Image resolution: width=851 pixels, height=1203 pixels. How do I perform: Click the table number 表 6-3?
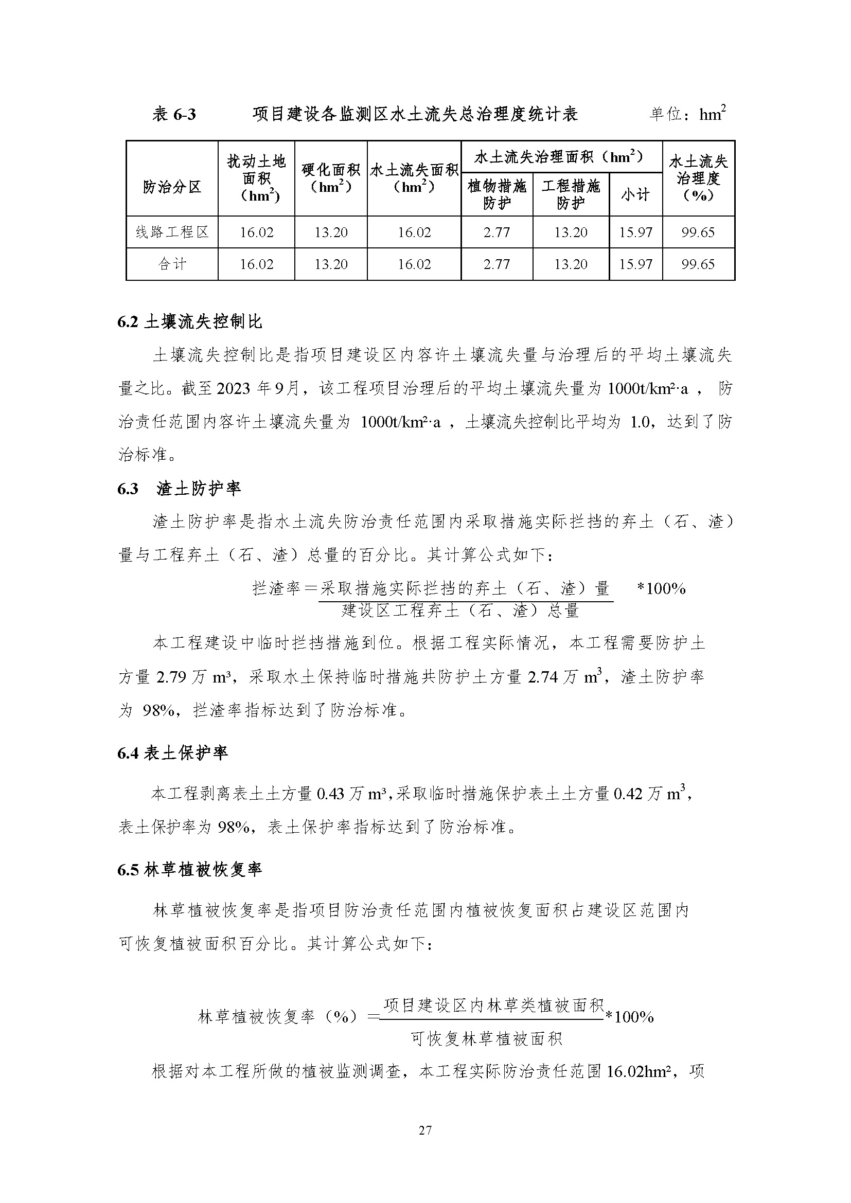coord(174,114)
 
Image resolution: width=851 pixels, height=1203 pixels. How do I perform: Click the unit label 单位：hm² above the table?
coord(687,113)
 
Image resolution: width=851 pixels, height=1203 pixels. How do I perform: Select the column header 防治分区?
coord(172,187)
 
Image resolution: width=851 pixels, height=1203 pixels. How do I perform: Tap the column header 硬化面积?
coord(331,178)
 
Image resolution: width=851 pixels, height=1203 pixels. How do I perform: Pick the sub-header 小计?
coord(635,194)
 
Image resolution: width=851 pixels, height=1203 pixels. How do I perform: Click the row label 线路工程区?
coord(172,232)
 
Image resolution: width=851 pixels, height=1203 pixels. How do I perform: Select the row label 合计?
coord(172,264)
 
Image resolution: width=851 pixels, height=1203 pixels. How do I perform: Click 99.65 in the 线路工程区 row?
coord(698,232)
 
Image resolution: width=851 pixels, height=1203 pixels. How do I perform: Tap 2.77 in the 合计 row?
coord(497,264)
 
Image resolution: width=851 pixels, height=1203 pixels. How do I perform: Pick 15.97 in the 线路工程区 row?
coord(635,232)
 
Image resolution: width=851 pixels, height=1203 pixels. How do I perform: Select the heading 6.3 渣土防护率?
coord(179,489)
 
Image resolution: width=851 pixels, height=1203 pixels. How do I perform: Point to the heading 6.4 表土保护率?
coord(173,753)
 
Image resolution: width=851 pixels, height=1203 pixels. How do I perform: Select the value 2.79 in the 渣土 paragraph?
coord(171,677)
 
